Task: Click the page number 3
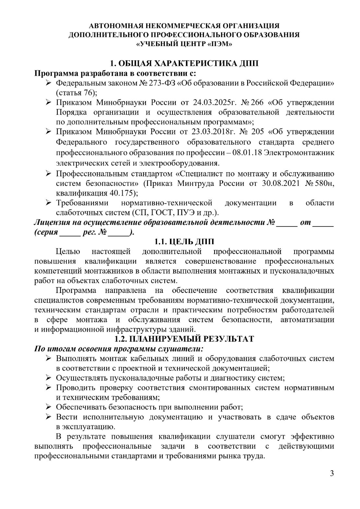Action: [331, 473]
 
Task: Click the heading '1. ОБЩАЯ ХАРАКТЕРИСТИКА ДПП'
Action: [184, 63]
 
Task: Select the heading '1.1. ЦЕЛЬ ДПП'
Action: [184, 242]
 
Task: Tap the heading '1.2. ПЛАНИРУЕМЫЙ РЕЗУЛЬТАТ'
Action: [184, 339]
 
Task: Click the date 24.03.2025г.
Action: [214, 103]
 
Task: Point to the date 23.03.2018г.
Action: [214, 132]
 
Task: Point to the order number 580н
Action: [324, 183]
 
